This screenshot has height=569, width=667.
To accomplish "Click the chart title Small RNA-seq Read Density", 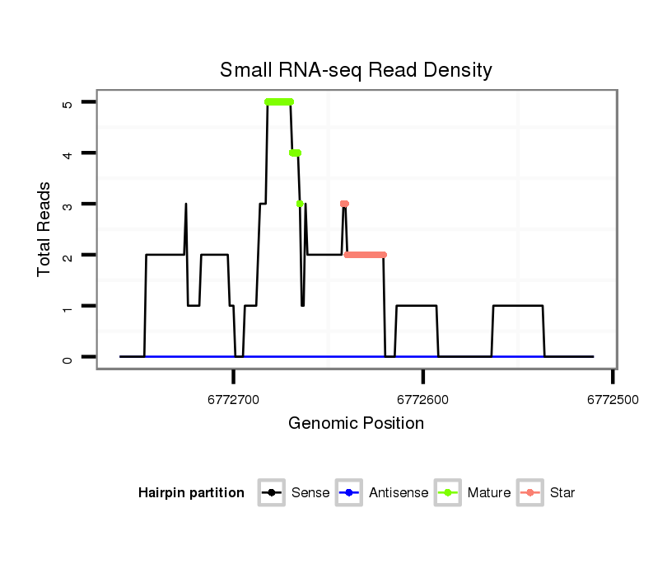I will (x=356, y=70).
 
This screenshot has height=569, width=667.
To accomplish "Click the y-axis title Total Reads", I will (x=45, y=229).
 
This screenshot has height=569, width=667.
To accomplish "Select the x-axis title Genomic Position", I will (x=356, y=424).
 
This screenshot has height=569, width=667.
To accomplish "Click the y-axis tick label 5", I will (x=68, y=102).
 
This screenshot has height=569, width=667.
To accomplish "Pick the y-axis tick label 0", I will (x=68, y=357).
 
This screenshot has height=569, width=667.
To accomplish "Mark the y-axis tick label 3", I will (x=68, y=204).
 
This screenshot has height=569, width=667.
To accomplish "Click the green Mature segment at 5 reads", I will (x=279, y=102).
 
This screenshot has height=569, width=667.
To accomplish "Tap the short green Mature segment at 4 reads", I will (x=295, y=153).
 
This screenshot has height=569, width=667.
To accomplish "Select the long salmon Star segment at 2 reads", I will (x=365, y=255).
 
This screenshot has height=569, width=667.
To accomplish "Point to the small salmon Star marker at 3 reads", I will (x=344, y=204).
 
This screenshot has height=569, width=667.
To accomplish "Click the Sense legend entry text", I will (x=310, y=493).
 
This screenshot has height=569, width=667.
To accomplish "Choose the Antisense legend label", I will (x=399, y=493).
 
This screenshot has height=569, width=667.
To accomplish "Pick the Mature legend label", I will (x=489, y=493).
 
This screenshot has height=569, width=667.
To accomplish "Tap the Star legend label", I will (x=562, y=493).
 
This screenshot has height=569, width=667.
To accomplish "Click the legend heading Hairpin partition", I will (x=192, y=493).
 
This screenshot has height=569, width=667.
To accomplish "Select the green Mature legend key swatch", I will (x=448, y=493).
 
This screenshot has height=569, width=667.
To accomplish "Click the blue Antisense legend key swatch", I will (x=349, y=493).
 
